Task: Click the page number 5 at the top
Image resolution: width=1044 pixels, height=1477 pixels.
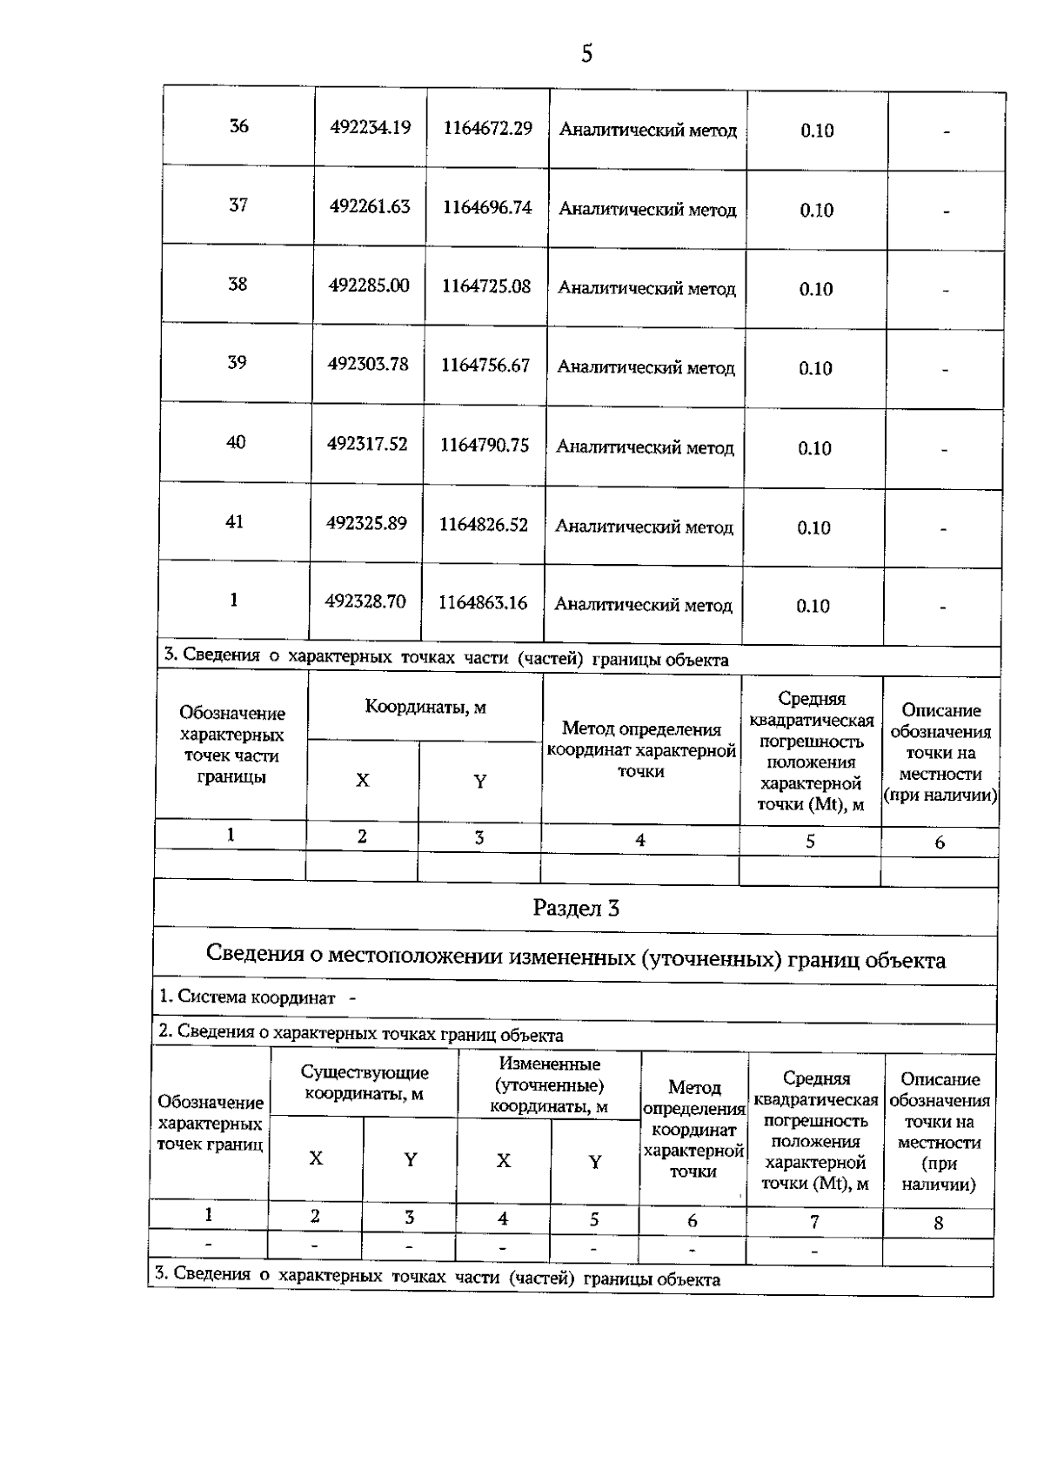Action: [586, 54]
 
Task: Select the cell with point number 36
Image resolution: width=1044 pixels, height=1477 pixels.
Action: [238, 126]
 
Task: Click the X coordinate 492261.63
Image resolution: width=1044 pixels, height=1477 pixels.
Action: [370, 207]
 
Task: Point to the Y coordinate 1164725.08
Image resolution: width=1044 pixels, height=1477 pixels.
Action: [485, 286]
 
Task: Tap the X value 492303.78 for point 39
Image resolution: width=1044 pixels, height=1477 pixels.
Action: [368, 364]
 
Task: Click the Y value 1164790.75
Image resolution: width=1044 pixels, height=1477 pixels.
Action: [485, 446]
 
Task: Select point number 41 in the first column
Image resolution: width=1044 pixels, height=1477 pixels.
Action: [235, 522]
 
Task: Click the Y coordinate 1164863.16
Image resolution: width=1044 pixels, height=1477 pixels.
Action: [483, 603]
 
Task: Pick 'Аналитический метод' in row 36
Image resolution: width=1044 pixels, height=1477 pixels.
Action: [647, 131]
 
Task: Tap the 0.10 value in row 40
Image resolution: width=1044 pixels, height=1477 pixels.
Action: [815, 448]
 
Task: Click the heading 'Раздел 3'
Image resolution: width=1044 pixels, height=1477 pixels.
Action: [576, 909]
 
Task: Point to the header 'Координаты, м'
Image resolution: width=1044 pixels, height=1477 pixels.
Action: [425, 707]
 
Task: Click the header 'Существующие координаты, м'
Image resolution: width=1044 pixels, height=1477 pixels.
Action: [365, 1084]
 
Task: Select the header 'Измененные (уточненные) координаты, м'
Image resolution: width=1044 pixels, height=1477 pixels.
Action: [549, 1085]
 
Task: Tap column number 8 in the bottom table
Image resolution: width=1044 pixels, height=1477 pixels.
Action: [938, 1223]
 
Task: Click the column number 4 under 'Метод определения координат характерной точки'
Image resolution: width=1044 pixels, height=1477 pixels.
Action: [640, 840]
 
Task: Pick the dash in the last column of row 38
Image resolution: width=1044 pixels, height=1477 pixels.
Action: [945, 291]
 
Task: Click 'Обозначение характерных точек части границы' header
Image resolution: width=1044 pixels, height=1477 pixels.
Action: [231, 745]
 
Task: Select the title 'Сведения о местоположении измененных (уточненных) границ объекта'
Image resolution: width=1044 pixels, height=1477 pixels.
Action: [576, 958]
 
